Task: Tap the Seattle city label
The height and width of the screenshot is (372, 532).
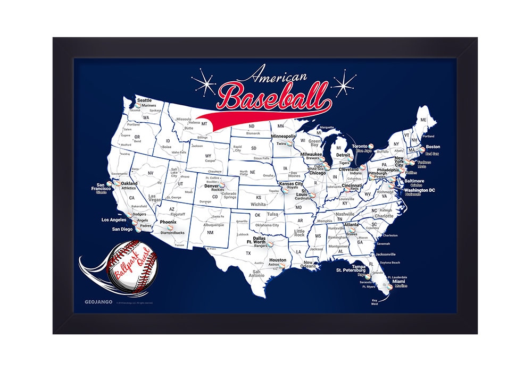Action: [x=144, y=100]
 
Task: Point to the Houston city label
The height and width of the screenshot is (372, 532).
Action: [x=278, y=260]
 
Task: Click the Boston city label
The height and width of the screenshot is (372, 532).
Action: [x=433, y=147]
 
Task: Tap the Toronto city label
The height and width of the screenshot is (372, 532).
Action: [x=360, y=146]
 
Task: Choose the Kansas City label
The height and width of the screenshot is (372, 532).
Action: [x=290, y=183]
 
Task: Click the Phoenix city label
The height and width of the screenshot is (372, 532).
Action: [x=168, y=222]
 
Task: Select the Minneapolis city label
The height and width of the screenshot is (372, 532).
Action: [x=284, y=137]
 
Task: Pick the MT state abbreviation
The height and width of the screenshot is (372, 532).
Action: [x=203, y=123]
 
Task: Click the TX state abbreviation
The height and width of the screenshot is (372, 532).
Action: [x=248, y=253]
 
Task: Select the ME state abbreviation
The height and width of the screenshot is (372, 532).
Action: [x=423, y=120]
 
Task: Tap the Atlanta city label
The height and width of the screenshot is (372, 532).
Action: [x=351, y=224]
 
